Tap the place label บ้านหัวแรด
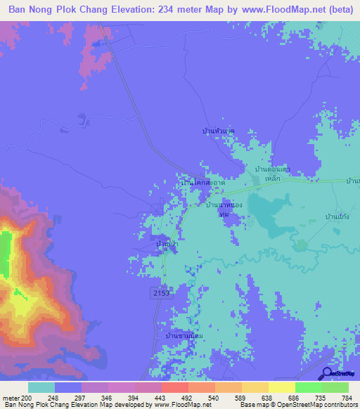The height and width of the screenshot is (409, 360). pyautogui.click(x=218, y=131)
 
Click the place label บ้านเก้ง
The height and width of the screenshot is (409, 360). pyautogui.click(x=338, y=218)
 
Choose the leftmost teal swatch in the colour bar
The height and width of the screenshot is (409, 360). pyautogui.click(x=41, y=387)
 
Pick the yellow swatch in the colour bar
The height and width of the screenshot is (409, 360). pyautogui.click(x=281, y=387)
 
